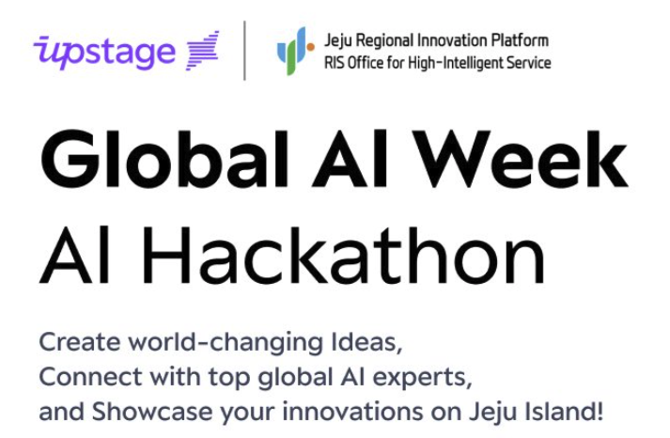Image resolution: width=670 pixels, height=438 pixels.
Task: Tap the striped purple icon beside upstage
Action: click(x=202, y=50)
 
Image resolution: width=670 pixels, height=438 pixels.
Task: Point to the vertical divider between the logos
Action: click(x=244, y=50)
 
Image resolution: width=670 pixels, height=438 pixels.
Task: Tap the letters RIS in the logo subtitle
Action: click(x=335, y=63)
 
